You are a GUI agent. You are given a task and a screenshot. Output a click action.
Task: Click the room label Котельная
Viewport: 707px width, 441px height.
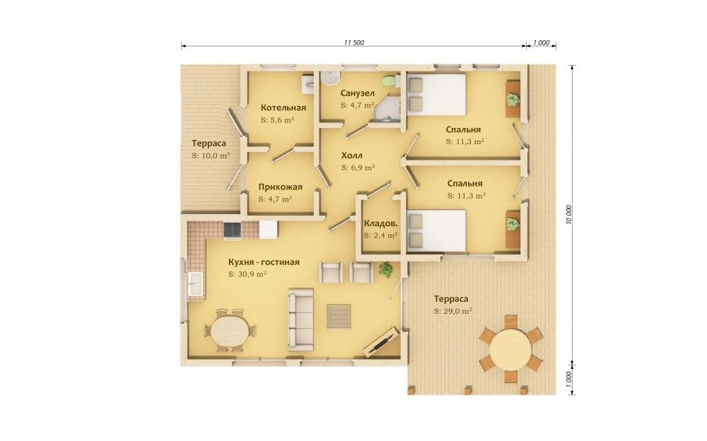click(x=284, y=107)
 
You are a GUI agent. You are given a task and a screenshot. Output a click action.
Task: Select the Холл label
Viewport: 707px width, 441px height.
click(x=351, y=155)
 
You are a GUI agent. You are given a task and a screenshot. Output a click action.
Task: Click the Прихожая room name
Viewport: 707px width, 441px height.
click(x=281, y=187)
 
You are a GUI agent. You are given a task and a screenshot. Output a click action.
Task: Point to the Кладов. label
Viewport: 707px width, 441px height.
click(x=380, y=223)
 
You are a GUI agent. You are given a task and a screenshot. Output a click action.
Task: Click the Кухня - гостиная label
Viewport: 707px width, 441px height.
click(x=264, y=262)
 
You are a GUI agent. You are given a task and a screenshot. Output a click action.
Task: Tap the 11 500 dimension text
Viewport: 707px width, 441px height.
click(x=354, y=43)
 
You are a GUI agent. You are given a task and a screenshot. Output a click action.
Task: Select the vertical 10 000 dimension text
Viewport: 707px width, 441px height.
click(x=568, y=215)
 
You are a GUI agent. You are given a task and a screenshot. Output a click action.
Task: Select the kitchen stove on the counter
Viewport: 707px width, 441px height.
click(x=232, y=230)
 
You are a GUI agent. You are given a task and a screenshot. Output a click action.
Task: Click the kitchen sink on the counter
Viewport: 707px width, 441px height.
click(x=195, y=282)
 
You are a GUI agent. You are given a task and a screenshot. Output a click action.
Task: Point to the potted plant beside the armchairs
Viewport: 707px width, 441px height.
click(x=385, y=270)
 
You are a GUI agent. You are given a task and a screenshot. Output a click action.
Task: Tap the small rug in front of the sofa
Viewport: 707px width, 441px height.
click(x=339, y=316)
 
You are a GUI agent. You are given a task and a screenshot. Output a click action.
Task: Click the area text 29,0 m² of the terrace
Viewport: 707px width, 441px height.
click(x=453, y=311)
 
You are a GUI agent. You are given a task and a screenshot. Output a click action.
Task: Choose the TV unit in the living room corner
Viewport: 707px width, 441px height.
click(x=381, y=341)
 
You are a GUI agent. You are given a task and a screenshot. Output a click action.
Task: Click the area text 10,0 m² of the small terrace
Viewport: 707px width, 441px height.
click(x=211, y=155)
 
